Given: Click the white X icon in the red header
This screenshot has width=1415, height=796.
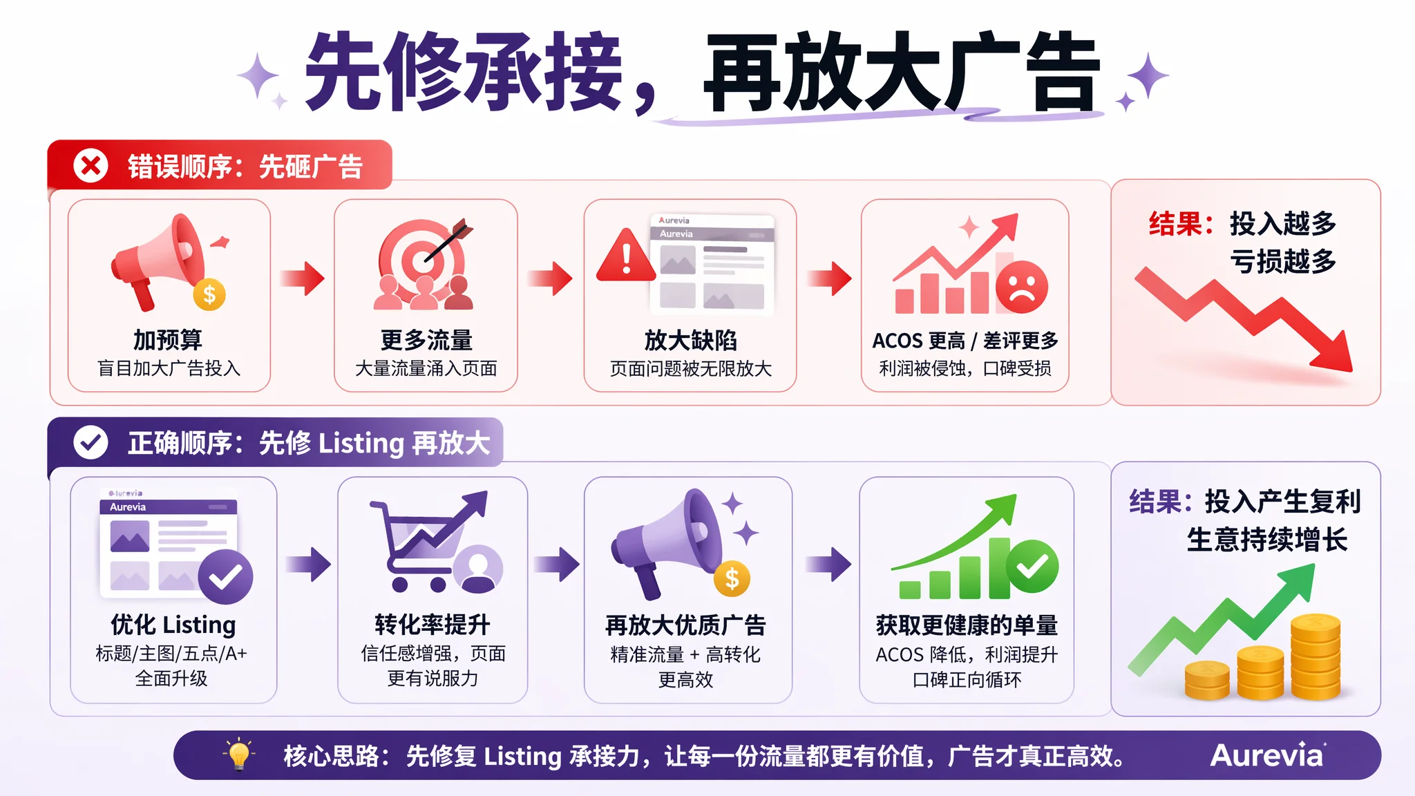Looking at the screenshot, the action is (91, 166).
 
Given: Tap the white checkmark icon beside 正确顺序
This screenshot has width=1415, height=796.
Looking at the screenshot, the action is (91, 442).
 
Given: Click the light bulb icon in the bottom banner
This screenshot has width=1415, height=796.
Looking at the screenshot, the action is (239, 755).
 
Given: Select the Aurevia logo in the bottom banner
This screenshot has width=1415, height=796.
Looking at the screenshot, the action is (1268, 755).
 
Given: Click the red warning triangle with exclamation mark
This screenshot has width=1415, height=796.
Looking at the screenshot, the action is (626, 256).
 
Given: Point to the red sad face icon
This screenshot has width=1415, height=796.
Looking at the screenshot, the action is (1021, 287).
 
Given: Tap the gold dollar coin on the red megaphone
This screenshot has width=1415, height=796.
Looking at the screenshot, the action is (209, 295).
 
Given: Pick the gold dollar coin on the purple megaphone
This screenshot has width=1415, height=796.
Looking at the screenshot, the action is (732, 579).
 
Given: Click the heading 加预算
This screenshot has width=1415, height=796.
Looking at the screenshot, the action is (168, 340).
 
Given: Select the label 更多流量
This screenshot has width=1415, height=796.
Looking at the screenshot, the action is (426, 340).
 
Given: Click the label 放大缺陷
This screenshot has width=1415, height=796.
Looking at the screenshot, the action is (690, 340).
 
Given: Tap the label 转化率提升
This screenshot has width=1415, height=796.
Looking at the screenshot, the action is (433, 625).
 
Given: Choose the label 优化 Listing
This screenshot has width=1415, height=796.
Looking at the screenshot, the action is (173, 625).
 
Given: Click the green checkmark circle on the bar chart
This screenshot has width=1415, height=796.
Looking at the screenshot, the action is (1032, 567).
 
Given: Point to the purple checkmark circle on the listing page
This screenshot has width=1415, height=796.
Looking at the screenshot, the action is (225, 577).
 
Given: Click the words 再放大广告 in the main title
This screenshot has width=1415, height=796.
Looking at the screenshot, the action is (902, 72).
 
